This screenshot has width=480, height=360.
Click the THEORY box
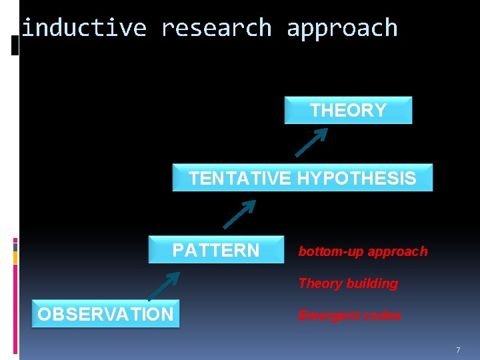coord(348,111)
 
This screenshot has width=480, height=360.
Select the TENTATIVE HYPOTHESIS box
coord(302,178)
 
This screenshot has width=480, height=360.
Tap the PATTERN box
coord(216,250)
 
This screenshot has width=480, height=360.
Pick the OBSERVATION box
coord(105,314)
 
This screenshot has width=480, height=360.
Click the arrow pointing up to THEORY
coord(311,141)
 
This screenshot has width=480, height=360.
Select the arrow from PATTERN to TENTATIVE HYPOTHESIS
coord(239,214)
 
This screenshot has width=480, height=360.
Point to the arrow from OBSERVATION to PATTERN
coord(163,285)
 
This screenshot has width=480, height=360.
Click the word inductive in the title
coord(84,28)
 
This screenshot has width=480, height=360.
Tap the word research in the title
coord(217,28)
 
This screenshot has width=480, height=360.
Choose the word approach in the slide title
coord(342,28)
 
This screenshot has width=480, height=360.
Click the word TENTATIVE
coord(239,179)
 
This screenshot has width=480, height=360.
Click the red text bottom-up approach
coord(363,251)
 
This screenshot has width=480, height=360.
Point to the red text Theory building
coord(348,283)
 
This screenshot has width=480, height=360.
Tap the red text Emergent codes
coord(349,315)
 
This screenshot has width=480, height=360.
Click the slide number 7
coord(458,350)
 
